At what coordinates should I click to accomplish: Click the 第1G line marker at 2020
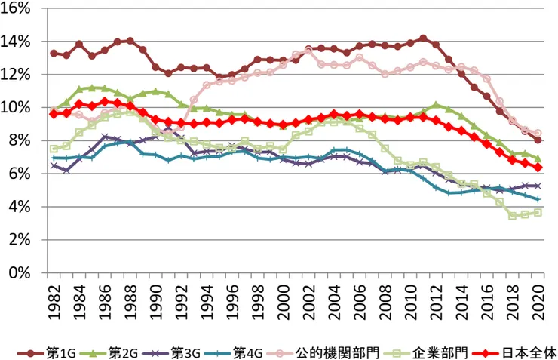(x=537, y=140)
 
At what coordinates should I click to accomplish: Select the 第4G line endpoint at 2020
(x=537, y=199)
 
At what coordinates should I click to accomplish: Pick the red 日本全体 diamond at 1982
(x=54, y=114)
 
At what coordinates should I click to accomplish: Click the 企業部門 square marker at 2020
(x=537, y=212)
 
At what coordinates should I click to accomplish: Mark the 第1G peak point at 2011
(x=422, y=38)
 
